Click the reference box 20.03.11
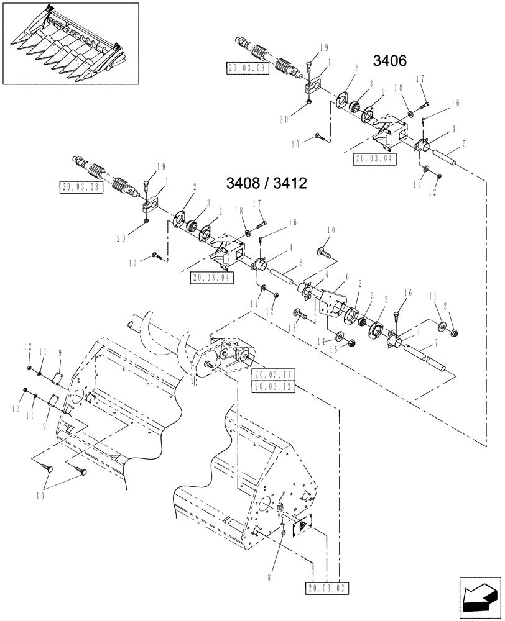(274, 375)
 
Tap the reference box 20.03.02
(328, 587)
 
